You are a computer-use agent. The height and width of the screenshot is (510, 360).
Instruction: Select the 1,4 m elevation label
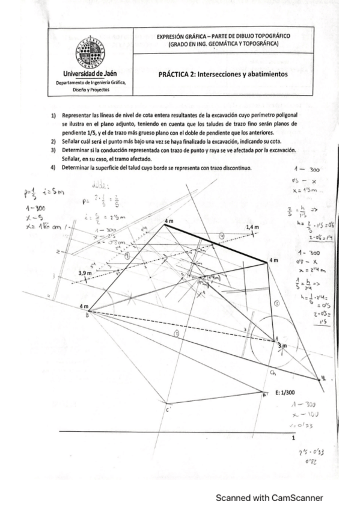[252, 227]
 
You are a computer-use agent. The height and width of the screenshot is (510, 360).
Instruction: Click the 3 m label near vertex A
[282, 346]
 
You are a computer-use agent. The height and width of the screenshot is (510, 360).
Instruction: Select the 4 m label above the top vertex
[170, 221]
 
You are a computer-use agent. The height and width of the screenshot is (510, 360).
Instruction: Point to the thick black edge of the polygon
[216, 246]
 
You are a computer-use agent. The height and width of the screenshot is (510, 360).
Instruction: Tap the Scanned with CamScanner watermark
[269, 497]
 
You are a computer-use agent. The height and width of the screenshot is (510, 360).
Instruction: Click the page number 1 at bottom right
[293, 438]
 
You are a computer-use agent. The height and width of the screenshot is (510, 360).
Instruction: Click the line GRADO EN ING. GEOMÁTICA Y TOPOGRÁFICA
[222, 45]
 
